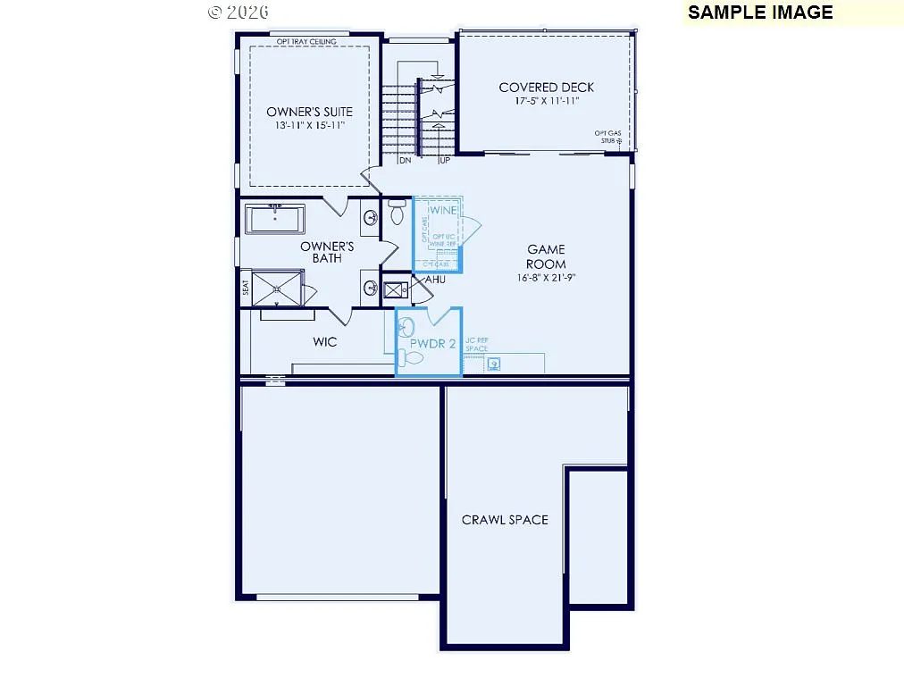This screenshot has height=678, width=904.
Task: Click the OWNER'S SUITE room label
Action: click(x=309, y=112)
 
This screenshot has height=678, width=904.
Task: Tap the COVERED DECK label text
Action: click(x=546, y=88)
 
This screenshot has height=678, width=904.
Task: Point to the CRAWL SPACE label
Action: click(x=505, y=520)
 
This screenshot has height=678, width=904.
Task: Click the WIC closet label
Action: click(x=324, y=342)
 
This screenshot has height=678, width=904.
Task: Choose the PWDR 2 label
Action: click(x=433, y=343)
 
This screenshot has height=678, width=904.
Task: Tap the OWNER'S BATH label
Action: click(x=327, y=252)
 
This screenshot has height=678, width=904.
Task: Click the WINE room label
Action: click(x=444, y=210)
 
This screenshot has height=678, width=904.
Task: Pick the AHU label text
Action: click(x=435, y=280)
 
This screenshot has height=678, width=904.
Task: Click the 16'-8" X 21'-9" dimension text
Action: click(x=546, y=277)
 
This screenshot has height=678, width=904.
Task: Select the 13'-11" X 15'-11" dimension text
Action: click(x=309, y=126)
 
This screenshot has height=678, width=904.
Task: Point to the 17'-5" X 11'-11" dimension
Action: click(x=546, y=102)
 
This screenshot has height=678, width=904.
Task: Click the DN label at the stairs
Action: click(x=405, y=161)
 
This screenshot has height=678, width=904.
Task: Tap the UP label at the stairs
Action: click(x=444, y=161)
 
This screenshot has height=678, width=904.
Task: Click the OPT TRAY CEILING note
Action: click(x=306, y=42)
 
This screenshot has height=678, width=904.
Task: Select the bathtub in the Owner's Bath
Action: click(x=274, y=219)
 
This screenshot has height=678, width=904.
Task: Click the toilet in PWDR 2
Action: click(x=411, y=357)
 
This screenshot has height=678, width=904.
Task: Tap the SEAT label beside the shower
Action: click(x=245, y=288)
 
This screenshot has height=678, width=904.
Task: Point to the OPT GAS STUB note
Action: click(x=608, y=137)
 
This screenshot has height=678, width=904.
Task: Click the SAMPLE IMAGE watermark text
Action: click(x=760, y=13)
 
